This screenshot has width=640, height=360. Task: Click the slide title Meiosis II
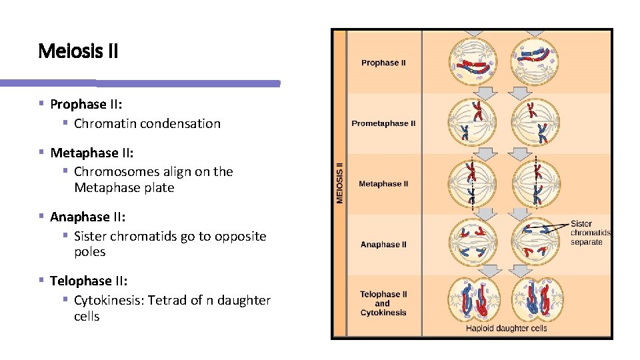pyautogui.click(x=78, y=51)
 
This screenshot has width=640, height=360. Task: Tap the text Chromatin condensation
pyautogui.click(x=147, y=123)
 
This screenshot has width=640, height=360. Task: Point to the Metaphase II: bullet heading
pyautogui.click(x=92, y=153)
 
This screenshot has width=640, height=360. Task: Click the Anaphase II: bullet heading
pyautogui.click(x=88, y=217)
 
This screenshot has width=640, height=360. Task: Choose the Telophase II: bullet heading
pyautogui.click(x=89, y=281)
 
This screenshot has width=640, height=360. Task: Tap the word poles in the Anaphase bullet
pyautogui.click(x=90, y=252)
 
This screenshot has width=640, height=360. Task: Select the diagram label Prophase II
pyautogui.click(x=383, y=63)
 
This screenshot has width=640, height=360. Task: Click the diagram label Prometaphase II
pyautogui.click(x=383, y=123)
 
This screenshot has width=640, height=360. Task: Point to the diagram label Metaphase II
pyautogui.click(x=383, y=184)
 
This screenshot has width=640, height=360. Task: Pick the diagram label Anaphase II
pyautogui.click(x=383, y=245)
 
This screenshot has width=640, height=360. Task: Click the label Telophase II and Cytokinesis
pyautogui.click(x=383, y=303)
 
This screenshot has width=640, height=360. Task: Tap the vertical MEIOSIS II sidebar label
pyautogui.click(x=339, y=181)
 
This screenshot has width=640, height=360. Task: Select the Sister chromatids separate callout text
pyautogui.click(x=591, y=233)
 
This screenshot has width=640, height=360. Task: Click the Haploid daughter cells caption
pyautogui.click(x=506, y=328)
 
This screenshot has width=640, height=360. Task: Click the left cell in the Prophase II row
pyautogui.click(x=473, y=63)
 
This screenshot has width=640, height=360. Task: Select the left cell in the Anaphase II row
pyautogui.click(x=473, y=242)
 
